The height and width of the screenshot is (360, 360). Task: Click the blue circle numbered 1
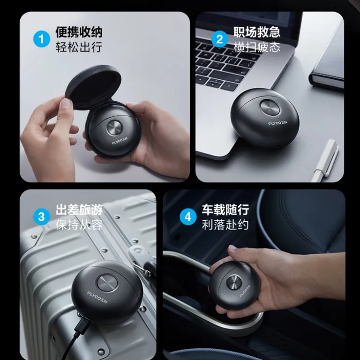click(42, 39)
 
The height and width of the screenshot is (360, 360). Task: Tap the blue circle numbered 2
click(219, 39)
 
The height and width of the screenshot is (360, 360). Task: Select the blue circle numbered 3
click(42, 217)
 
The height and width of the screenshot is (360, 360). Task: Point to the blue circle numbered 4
click(188, 217)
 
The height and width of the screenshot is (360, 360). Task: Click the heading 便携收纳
click(79, 32)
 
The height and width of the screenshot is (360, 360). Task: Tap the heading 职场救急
click(257, 32)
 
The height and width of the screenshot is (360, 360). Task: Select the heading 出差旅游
click(79, 210)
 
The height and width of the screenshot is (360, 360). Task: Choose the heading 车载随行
click(225, 210)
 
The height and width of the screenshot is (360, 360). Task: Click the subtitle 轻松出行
click(79, 47)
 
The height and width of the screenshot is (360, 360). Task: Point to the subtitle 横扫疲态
click(257, 47)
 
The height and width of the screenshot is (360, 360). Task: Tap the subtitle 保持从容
click(79, 225)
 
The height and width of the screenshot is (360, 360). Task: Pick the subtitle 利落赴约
click(225, 225)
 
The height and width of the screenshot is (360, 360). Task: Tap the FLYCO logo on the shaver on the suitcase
click(97, 297)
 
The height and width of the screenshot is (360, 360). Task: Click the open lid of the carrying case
click(93, 86)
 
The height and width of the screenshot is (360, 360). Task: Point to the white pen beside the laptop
click(326, 159)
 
